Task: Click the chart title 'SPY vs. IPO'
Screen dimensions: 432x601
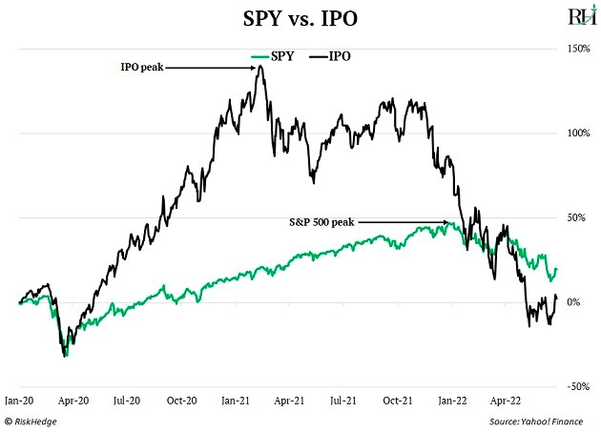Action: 300,19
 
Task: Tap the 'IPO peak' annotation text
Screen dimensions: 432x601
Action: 143,68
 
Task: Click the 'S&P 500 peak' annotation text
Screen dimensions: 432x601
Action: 321,222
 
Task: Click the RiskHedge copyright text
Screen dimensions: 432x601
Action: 35,420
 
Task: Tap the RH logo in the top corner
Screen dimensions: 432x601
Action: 578,16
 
